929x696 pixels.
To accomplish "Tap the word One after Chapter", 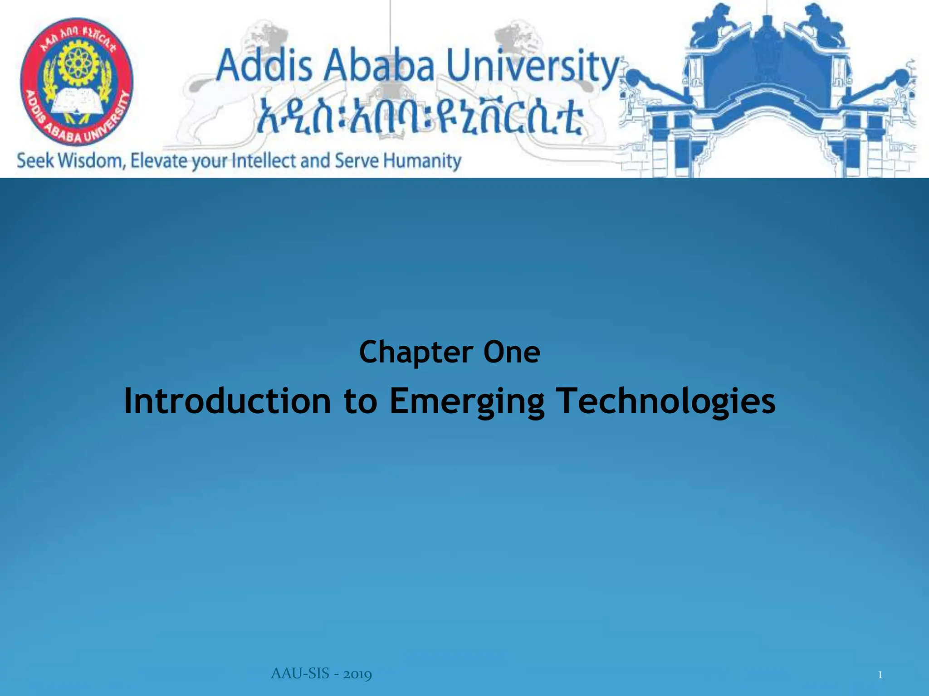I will coord(512,353).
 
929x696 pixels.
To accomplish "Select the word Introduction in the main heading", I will coord(227,401).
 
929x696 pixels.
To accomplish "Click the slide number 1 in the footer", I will coord(880,675).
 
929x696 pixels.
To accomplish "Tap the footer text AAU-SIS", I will coord(300,674).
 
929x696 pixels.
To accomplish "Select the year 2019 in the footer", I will coord(357,674).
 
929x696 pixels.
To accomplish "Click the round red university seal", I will coord(77,81).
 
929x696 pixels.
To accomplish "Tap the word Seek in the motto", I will coord(35,161).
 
